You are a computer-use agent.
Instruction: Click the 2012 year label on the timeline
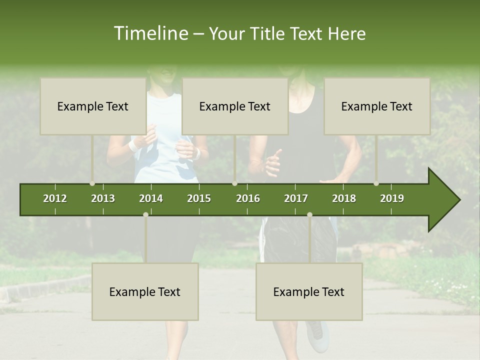[x=55, y=198]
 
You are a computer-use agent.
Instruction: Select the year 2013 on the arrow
[x=103, y=198]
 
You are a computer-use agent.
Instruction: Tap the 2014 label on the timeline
[x=151, y=198]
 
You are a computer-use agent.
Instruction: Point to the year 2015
[x=199, y=198]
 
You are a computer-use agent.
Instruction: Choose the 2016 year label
[x=248, y=198]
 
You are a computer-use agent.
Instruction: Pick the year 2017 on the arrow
[x=296, y=198]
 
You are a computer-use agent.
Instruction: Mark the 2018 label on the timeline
[x=344, y=198]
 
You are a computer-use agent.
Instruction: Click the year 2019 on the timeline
[x=392, y=198]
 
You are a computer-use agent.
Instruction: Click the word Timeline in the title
[x=150, y=33]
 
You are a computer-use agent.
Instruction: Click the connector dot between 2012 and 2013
[x=92, y=183]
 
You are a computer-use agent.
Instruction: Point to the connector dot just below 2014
[x=145, y=214]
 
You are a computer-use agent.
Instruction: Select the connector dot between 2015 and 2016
[x=234, y=183]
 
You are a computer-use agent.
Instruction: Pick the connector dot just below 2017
[x=309, y=214]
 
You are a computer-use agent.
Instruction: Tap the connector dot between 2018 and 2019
[x=376, y=183]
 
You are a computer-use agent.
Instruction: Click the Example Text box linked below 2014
[x=145, y=291]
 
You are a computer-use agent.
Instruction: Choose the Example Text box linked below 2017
[x=309, y=291]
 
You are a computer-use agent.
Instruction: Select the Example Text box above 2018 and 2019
[x=377, y=106]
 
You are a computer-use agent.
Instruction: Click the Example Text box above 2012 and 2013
[x=93, y=106]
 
